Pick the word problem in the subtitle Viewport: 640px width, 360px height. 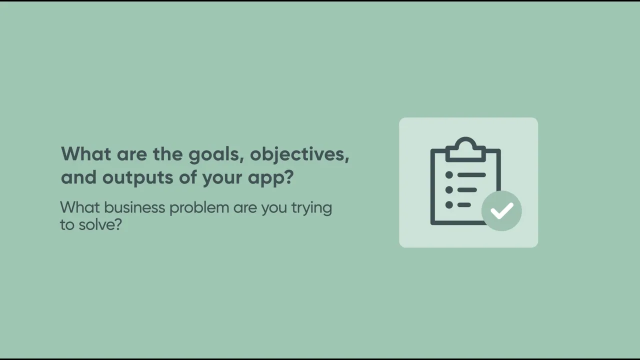200,207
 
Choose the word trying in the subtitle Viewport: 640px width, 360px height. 311,208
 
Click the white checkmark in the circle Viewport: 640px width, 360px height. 501,210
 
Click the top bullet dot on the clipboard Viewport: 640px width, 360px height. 449,175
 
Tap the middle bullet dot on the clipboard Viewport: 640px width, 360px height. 449,190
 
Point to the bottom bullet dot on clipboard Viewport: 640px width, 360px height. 449,204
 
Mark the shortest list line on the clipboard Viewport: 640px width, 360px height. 464,204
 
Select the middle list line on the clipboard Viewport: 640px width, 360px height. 467,190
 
